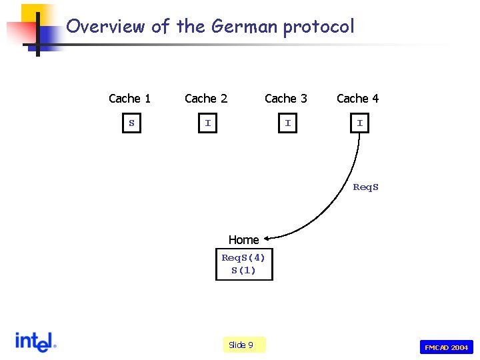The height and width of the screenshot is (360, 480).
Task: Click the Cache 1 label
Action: [x=129, y=99]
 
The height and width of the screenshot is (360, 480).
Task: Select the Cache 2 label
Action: [x=206, y=99]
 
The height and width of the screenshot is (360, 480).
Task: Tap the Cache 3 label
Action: [x=286, y=99]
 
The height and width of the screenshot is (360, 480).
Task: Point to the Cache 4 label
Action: [x=357, y=99]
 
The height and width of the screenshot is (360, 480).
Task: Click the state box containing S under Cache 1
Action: [x=132, y=123]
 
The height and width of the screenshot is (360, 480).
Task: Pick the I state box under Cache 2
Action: [x=208, y=123]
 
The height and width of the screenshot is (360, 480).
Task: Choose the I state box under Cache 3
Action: [x=288, y=123]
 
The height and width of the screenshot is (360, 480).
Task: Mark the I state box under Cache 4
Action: [x=360, y=123]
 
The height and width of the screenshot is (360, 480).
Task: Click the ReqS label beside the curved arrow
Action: [x=365, y=187]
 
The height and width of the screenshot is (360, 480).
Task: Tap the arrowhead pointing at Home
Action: [x=267, y=235]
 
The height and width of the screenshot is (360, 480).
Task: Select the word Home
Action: [x=243, y=240]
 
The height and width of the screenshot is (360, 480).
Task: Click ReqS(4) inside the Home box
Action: [x=243, y=257]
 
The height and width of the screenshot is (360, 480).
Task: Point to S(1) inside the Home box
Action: [x=243, y=270]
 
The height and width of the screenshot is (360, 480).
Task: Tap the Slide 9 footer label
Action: [x=241, y=345]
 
